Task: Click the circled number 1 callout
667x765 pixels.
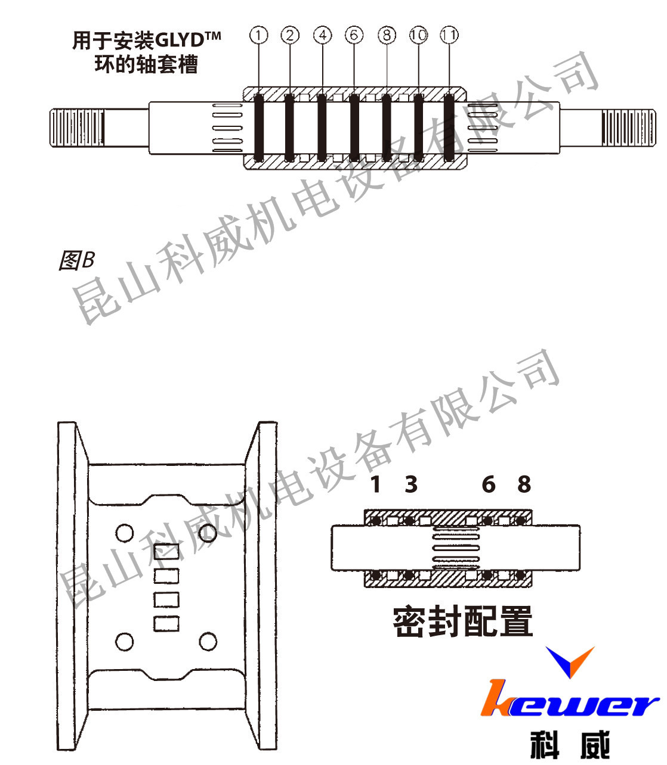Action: point(258,36)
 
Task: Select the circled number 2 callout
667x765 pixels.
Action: point(291,36)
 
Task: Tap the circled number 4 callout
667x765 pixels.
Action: point(323,36)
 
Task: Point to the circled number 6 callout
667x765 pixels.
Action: point(354,36)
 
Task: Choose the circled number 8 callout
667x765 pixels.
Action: point(387,36)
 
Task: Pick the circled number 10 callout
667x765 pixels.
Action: point(418,36)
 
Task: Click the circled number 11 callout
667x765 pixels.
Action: point(450,36)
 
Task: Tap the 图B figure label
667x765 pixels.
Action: point(76,260)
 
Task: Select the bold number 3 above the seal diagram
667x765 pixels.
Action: point(411,484)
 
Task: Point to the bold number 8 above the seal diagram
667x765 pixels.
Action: point(524,484)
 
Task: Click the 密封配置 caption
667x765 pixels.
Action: point(462,621)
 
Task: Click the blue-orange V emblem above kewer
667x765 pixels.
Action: point(570,661)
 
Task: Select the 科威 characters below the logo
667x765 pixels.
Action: point(570,745)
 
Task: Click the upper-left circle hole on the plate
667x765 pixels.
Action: point(125,533)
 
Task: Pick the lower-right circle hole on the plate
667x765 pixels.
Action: point(208,642)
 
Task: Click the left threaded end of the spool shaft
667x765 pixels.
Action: point(78,127)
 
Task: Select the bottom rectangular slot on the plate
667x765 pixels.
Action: point(166,624)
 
